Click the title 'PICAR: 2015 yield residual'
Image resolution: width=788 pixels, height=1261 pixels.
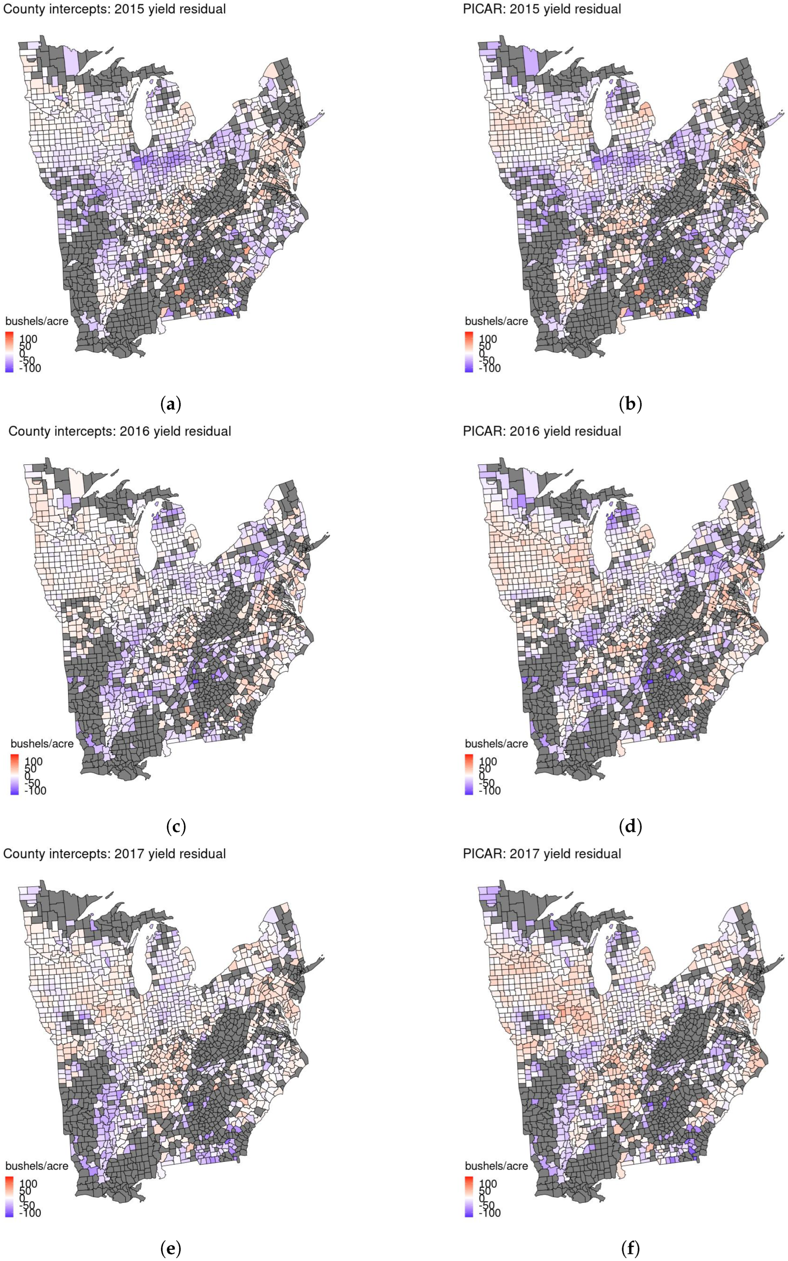click(x=542, y=9)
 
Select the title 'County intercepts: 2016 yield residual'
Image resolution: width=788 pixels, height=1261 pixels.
click(x=119, y=432)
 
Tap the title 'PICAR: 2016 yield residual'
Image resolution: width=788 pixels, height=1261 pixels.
click(x=542, y=432)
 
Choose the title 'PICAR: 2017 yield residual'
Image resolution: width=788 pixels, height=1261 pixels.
click(x=542, y=853)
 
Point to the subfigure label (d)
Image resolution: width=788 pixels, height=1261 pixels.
click(x=630, y=826)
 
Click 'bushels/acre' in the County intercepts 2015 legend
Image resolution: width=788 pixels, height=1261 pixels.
click(x=37, y=321)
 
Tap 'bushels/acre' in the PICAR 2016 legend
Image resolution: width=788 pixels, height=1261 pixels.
click(x=496, y=743)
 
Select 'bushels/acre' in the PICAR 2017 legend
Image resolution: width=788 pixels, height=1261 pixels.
click(x=496, y=1166)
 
